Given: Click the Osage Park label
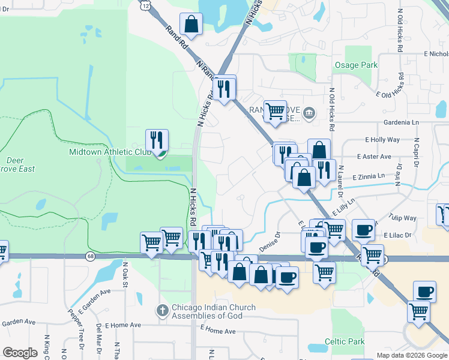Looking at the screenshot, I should point(356,65).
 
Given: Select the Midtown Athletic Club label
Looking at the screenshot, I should point(110,152).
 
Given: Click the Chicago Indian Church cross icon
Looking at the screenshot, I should point(161,310).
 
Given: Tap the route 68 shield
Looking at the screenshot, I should point(90,257).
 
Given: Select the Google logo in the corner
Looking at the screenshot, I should point(20,353).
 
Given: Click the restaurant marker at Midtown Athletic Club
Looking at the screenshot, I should point(157,141).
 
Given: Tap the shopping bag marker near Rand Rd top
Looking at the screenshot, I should point(191,25).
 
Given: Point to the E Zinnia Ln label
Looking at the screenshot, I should point(369,176).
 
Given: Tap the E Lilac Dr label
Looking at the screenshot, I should point(399,235).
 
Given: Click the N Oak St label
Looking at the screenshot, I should point(125,273).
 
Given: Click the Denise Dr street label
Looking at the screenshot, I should point(270,242).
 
